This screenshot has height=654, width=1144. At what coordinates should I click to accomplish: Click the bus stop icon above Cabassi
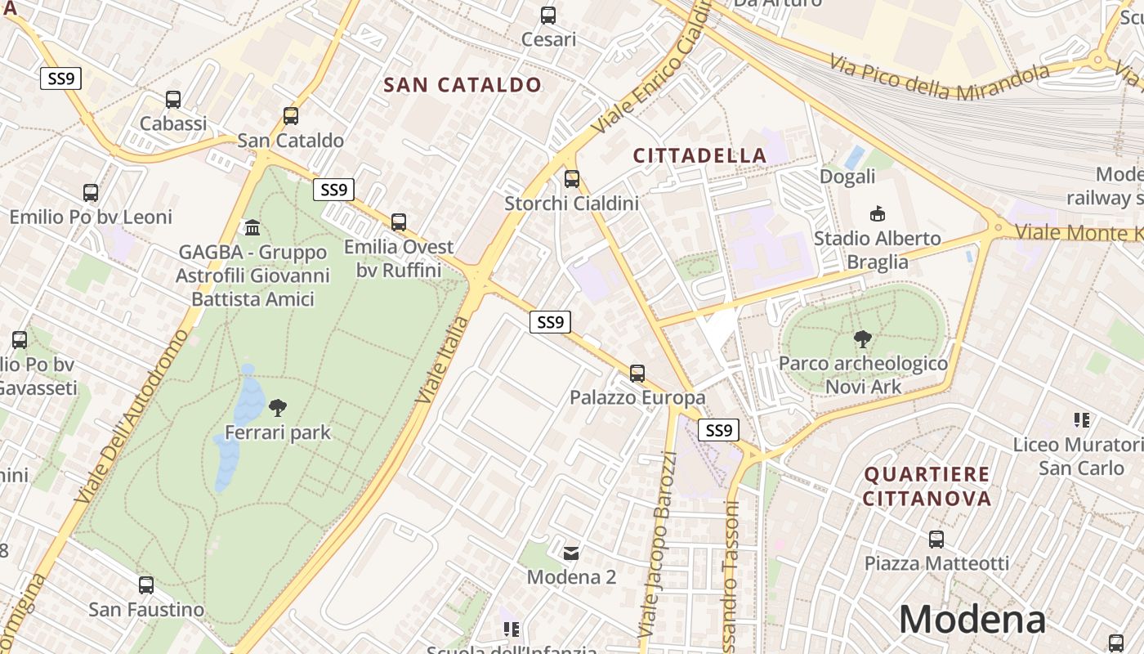[173, 100]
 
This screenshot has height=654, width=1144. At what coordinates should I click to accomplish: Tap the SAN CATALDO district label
[463, 85]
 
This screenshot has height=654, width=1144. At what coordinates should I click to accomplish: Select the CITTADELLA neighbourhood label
[699, 155]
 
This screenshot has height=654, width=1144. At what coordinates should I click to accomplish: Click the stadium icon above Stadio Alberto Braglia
[878, 214]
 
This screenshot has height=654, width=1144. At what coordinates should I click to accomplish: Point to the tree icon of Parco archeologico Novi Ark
[862, 339]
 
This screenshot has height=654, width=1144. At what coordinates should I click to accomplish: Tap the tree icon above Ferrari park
[278, 407]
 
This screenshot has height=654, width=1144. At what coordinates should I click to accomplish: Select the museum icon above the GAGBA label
[252, 227]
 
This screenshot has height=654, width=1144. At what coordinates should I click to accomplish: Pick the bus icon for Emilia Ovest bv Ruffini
[399, 222]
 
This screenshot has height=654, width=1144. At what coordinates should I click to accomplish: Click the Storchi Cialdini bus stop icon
[572, 178]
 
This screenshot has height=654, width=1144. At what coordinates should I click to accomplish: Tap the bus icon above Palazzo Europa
[637, 374]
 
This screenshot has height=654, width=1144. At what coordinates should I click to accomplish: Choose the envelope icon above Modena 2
[571, 553]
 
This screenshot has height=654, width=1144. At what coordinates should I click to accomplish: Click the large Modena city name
[972, 619]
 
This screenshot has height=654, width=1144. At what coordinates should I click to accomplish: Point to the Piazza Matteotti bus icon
[936, 540]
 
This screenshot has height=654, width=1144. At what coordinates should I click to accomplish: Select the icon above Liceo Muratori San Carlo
[1082, 420]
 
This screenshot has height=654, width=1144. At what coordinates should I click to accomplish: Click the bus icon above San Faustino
[146, 585]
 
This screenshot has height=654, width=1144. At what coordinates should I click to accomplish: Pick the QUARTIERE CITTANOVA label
[927, 486]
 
